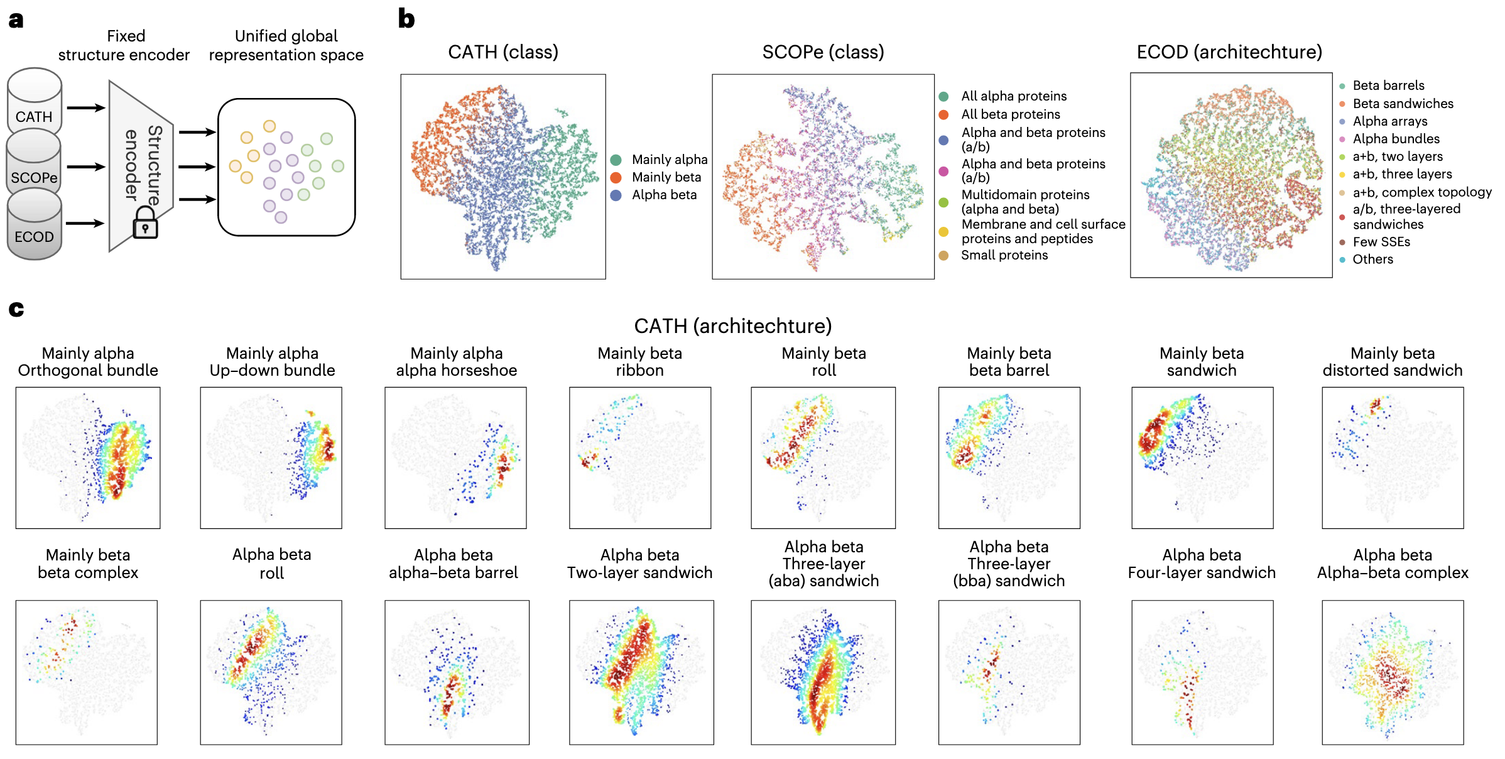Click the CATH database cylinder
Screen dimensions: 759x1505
coord(35,101)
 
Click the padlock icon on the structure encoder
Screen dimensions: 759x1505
coord(145,224)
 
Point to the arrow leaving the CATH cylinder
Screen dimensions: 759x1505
coord(85,108)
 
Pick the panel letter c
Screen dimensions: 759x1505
coord(16,309)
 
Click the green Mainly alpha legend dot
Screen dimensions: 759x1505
coord(616,160)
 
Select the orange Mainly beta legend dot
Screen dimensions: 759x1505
coord(616,178)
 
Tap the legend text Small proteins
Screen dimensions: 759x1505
coord(1004,255)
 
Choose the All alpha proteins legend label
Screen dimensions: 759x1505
coord(1013,96)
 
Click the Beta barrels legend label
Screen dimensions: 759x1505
coord(1388,85)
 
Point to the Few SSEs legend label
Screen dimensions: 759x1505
coord(1381,242)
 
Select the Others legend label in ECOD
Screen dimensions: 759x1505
coord(1372,259)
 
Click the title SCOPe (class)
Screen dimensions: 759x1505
coord(823,52)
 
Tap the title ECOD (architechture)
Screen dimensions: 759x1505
coord(1229,52)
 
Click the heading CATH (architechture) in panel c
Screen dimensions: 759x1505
coord(732,326)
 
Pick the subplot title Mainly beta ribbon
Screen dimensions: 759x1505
coord(639,362)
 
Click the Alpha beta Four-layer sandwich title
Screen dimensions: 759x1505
coord(1201,564)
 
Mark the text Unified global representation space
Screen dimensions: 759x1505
coord(286,45)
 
